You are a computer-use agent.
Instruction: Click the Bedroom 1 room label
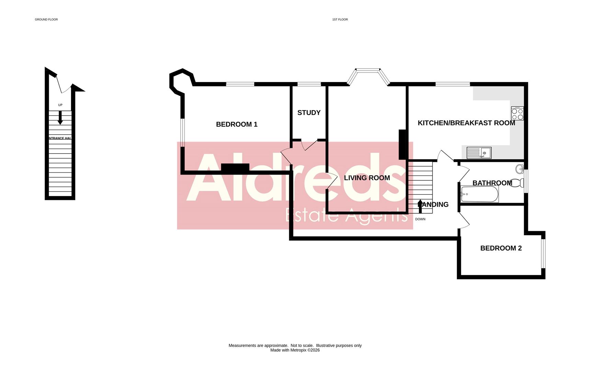pos(237,124)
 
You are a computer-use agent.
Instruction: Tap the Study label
pos(309,113)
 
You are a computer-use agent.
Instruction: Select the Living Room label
pos(367,178)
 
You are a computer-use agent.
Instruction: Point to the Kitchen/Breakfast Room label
pos(466,123)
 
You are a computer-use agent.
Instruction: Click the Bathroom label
pos(492,183)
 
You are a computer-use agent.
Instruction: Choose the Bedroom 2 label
pos(501,248)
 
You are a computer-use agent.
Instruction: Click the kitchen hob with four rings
pos(517,113)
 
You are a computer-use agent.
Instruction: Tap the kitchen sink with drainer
pos(479,153)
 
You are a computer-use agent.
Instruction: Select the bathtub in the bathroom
pos(479,194)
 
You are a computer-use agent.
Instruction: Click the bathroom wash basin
pos(520,169)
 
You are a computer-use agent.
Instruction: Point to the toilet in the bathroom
pos(518,183)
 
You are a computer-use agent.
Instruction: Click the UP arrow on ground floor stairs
pos(60,118)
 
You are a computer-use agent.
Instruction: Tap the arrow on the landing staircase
pos(420,206)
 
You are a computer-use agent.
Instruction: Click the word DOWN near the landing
pos(420,219)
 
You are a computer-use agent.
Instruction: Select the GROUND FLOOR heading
pos(46,20)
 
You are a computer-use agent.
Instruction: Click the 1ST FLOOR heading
pos(340,20)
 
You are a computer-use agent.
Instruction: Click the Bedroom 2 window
pos(543,253)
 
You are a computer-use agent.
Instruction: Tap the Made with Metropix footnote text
pos(295,350)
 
